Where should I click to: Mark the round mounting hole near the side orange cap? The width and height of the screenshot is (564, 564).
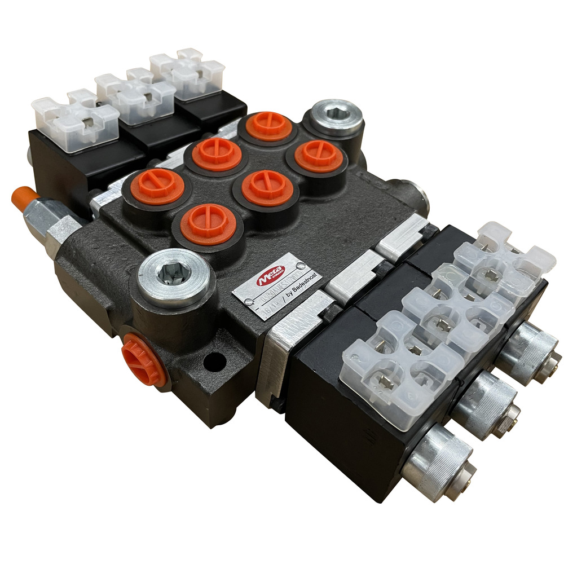[x=213, y=362]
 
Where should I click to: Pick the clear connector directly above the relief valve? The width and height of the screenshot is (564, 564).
[x=73, y=118]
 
